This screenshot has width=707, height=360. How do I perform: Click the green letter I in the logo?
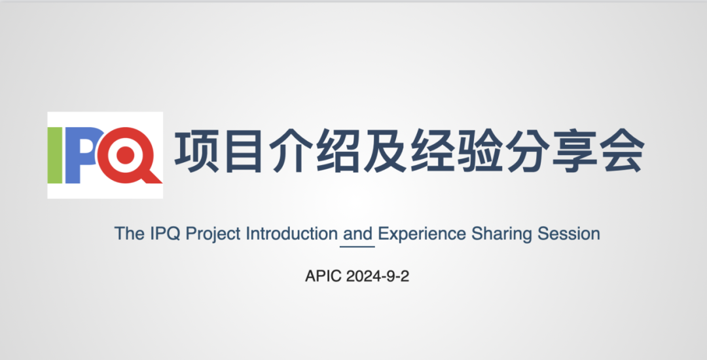tap(54, 155)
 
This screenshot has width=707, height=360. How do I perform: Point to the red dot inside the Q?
tap(125, 155)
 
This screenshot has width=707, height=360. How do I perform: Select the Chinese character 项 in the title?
tap(196, 152)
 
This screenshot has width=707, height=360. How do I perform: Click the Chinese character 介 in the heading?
tap(291, 152)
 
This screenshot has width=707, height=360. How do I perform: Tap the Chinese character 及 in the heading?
tap(386, 152)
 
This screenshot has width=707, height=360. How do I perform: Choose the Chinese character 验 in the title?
tap(480, 152)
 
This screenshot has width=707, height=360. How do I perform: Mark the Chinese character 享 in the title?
tap(575, 152)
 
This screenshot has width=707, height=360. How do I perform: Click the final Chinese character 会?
tap(622, 152)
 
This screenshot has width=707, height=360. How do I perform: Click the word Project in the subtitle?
tap(213, 234)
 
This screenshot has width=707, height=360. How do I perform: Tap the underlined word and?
tap(357, 234)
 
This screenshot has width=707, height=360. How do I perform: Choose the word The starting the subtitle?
tap(130, 234)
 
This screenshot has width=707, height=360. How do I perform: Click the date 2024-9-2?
tap(378, 276)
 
